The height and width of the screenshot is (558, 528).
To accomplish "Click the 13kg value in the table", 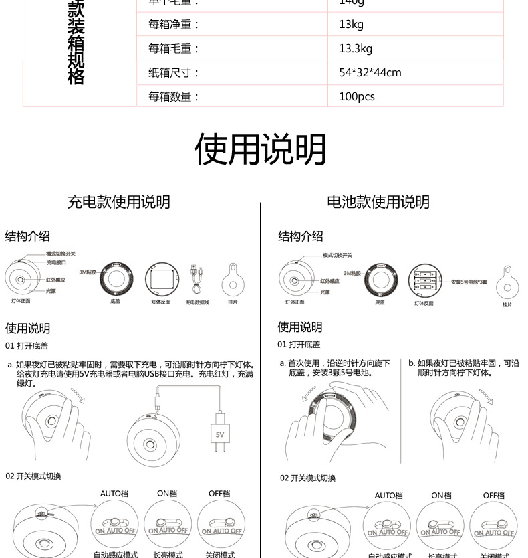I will point(351,25).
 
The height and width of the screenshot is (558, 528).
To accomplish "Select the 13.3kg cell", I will point(355,48).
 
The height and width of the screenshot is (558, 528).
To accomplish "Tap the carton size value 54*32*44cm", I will point(370,72).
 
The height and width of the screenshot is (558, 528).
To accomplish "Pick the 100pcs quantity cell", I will point(356,96).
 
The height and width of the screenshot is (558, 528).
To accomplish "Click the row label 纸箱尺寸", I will point(174,72).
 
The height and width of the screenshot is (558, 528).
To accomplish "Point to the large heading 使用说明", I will point(261,149).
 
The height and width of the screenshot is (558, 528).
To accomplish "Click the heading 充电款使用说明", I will point(118,202).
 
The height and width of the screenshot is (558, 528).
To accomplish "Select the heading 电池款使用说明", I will point(378,202).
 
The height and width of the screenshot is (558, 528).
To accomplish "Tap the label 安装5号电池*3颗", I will point(469,282).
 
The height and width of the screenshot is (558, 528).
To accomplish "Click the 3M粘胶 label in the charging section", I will point(88,272).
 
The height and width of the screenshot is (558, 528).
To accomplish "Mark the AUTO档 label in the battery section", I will point(388,496).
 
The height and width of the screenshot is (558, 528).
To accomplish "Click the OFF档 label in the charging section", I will point(219,494).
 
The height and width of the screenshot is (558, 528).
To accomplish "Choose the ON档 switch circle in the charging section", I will point(168,525).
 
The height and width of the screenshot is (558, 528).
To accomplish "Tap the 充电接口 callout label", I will point(57,262).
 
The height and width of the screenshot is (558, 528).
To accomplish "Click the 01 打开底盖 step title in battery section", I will point(299,345).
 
